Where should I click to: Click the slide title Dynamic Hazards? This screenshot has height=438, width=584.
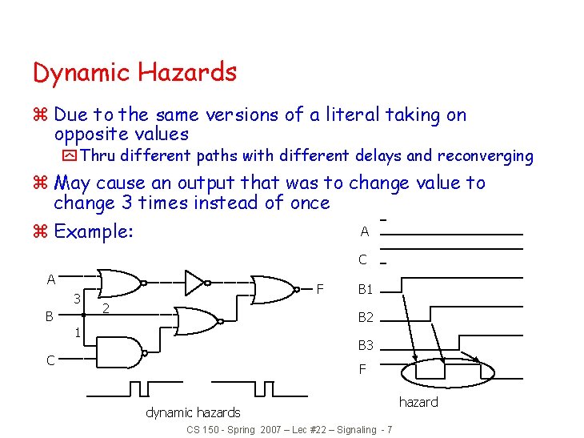pyautogui.click(x=134, y=73)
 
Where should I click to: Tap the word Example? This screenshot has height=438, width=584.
pyautogui.click(x=93, y=232)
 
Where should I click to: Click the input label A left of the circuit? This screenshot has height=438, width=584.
pyautogui.click(x=50, y=279)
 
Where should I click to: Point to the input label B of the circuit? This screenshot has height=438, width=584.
pyautogui.click(x=49, y=316)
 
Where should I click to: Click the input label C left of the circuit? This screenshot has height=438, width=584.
pyautogui.click(x=50, y=360)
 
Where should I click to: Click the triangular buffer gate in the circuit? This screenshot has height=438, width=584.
pyautogui.click(x=194, y=282)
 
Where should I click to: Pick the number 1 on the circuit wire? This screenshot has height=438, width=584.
pyautogui.click(x=77, y=332)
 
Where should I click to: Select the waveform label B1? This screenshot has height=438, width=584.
pyautogui.click(x=366, y=289)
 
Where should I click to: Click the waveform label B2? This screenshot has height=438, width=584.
pyautogui.click(x=366, y=318)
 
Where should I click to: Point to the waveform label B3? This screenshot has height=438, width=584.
pyautogui.click(x=366, y=346)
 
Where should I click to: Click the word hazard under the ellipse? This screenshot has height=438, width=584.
pyautogui.click(x=418, y=402)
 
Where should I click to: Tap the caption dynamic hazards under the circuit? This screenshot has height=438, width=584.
pyautogui.click(x=193, y=412)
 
